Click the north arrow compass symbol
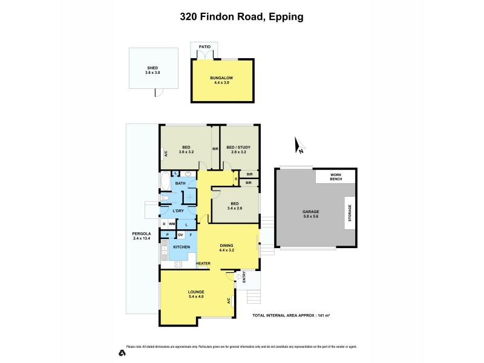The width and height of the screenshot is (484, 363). (x=298, y=144)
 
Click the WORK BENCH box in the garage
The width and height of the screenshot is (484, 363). (x=336, y=177)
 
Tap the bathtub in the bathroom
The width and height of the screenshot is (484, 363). (x=166, y=182)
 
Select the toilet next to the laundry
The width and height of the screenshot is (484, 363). (x=166, y=198)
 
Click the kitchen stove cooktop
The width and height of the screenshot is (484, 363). (x=178, y=263)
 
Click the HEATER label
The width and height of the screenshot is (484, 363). (x=203, y=264)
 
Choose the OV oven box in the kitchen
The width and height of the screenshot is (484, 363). (x=180, y=234)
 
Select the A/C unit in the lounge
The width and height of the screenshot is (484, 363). (x=229, y=301)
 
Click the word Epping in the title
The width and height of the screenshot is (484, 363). (x=284, y=17)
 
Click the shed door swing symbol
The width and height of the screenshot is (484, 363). (x=159, y=93)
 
